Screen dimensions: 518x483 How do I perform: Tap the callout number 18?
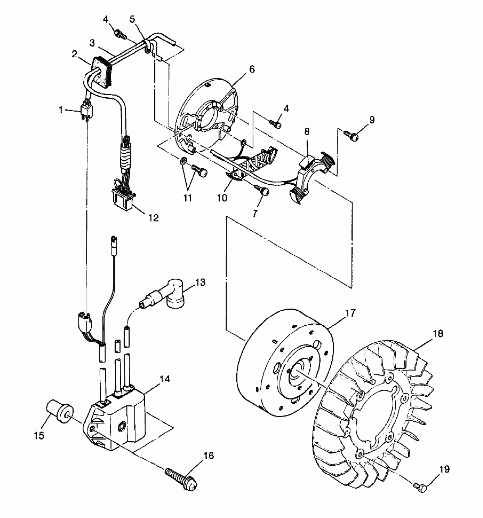438,333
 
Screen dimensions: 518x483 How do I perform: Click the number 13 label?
201,282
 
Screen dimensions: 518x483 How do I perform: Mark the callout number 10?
222,198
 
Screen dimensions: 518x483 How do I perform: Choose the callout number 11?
188,198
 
